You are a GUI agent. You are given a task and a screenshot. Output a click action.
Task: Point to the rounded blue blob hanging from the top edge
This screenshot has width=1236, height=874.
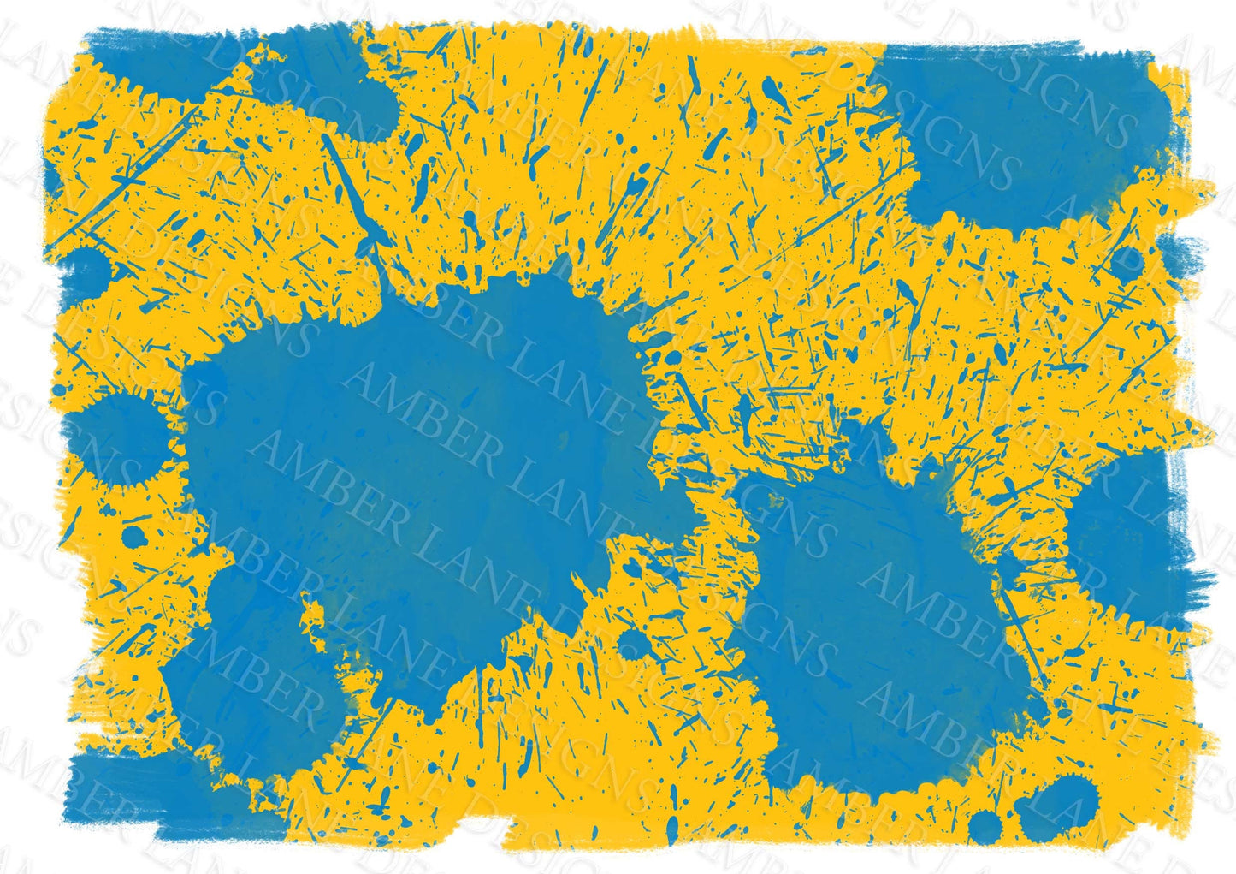(342, 86)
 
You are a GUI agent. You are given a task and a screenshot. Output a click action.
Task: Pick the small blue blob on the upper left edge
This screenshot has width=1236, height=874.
(86, 270)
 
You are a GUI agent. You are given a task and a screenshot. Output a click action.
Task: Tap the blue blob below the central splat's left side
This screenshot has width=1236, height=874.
(248, 676)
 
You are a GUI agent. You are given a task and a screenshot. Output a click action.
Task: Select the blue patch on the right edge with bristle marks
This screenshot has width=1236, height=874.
(1129, 531)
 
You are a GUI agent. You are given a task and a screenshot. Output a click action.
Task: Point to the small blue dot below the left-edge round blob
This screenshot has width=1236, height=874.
(133, 538)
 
